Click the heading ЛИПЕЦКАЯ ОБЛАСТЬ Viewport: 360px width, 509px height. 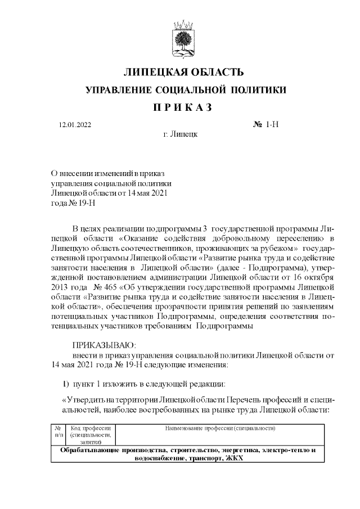(183, 73)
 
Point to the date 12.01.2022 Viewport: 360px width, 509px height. (75, 124)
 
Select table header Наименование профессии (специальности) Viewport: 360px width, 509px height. (220, 428)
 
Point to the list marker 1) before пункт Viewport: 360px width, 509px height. (65, 384)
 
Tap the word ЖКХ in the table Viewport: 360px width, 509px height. (234, 458)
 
